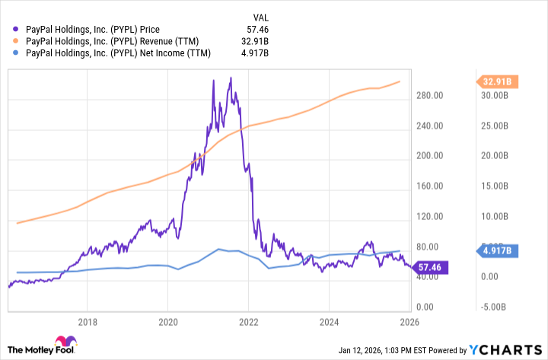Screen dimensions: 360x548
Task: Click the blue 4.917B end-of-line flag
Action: coord(499,250)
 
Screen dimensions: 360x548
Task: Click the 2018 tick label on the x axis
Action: coord(88,321)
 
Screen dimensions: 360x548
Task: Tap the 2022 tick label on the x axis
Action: coord(249,321)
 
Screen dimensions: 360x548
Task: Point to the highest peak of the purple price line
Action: coord(231,78)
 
